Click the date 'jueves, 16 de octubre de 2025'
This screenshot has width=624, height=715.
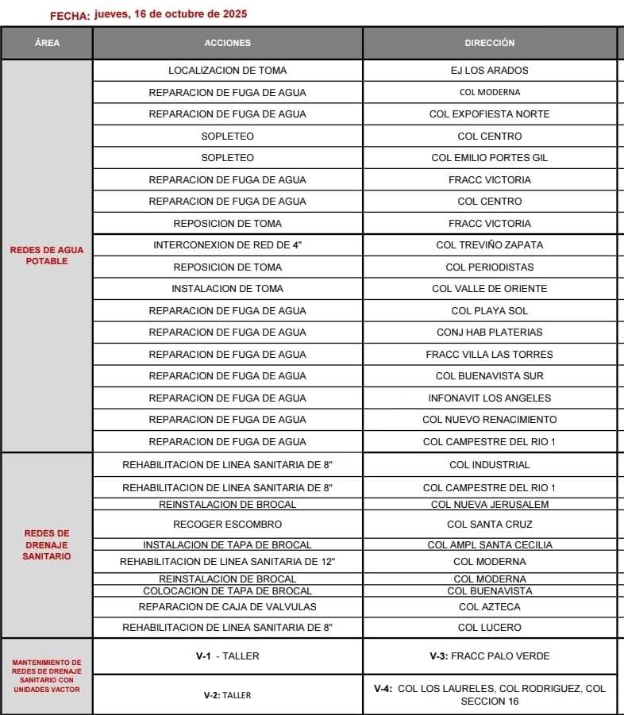click(x=170, y=13)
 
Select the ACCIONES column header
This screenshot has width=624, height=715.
click(x=227, y=43)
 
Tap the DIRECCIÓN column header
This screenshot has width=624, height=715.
click(x=489, y=43)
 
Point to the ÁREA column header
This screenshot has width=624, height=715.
click(x=47, y=43)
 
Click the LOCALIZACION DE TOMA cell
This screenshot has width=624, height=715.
click(x=227, y=71)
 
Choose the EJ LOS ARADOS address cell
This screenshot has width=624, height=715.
click(x=489, y=71)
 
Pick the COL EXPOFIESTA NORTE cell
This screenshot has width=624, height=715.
click(x=489, y=114)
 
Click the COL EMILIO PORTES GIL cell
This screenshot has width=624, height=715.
click(x=489, y=158)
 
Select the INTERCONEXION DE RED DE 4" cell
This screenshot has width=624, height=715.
click(x=227, y=245)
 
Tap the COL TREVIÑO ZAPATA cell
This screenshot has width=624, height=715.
click(x=489, y=245)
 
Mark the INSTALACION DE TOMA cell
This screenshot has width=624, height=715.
click(x=227, y=289)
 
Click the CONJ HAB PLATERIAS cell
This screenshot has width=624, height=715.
click(x=489, y=333)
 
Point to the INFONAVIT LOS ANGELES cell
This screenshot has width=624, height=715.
click(x=489, y=398)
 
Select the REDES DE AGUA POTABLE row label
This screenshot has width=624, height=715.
click(x=47, y=256)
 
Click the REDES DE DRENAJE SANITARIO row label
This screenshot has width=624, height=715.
click(x=47, y=545)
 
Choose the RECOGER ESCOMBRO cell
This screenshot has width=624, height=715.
click(x=227, y=525)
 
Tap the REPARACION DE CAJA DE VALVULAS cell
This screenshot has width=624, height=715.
click(x=227, y=607)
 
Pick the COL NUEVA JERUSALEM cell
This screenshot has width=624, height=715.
click(x=489, y=505)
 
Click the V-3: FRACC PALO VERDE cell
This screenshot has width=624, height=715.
click(x=489, y=656)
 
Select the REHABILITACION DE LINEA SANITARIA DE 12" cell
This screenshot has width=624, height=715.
click(x=227, y=562)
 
